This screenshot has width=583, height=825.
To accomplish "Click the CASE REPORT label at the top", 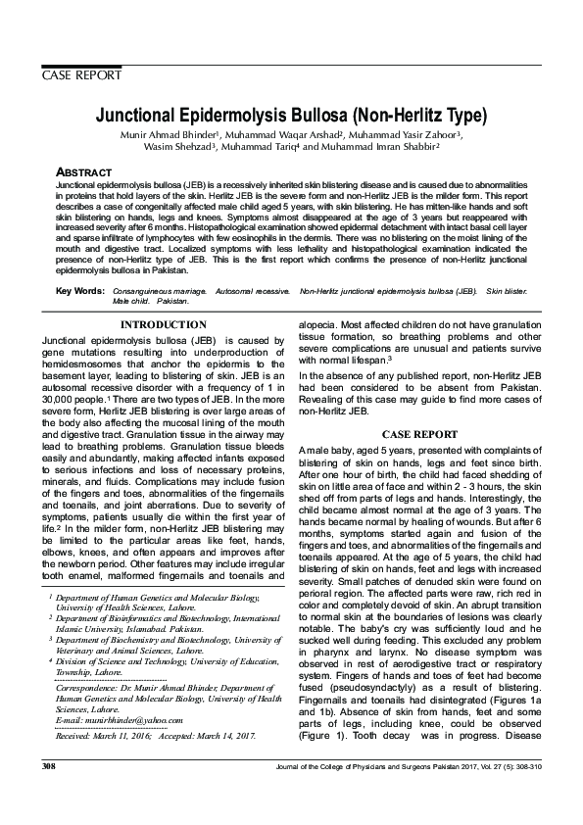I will click(81, 74).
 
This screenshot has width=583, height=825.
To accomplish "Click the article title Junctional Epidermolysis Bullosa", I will click(290, 114).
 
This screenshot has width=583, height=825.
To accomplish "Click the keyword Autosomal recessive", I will click(253, 292).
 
